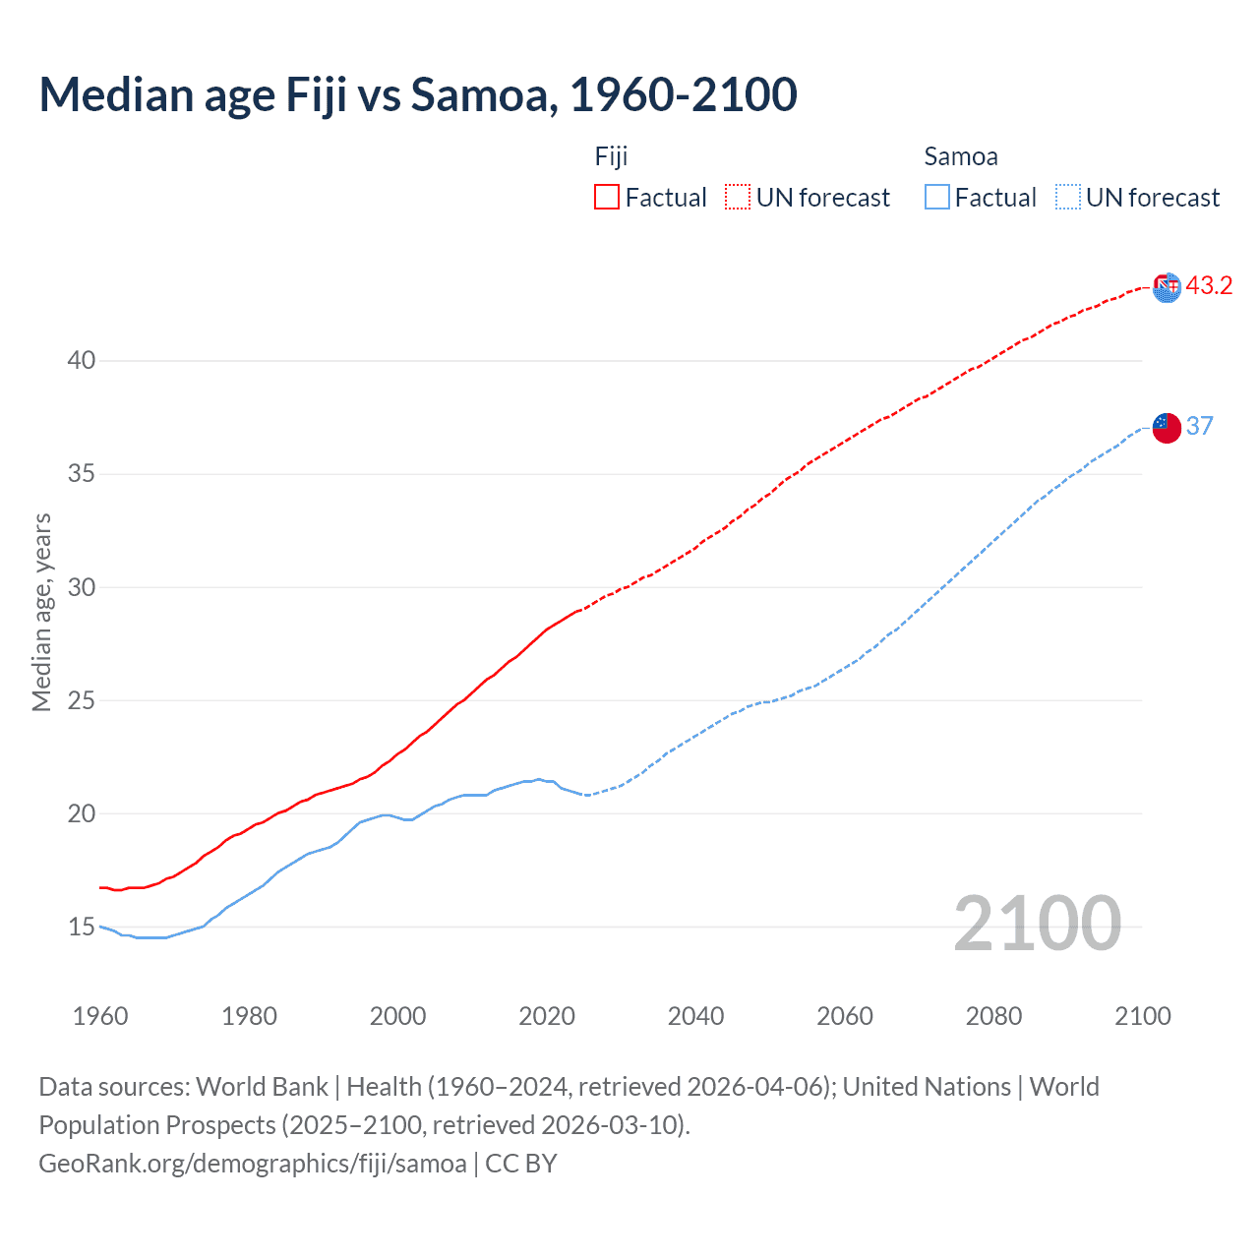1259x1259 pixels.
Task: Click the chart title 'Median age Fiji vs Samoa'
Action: tap(418, 94)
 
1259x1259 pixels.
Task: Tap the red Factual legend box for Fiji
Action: tap(607, 198)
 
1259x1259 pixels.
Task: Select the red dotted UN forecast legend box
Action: tap(738, 198)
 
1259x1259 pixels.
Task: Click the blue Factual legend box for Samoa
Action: tap(937, 198)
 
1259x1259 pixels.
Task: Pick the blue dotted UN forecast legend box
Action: tap(1068, 198)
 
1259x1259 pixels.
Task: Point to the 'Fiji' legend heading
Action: tap(611, 156)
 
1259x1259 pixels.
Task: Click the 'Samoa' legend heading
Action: tap(961, 156)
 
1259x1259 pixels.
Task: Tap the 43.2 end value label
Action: tap(1209, 286)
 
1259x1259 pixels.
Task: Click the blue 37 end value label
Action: tap(1199, 426)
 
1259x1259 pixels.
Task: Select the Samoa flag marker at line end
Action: tap(1167, 428)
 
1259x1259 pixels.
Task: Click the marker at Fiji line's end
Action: tap(1167, 287)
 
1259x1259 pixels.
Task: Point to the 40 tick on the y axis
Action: tap(82, 361)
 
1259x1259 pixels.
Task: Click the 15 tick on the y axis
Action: tap(82, 927)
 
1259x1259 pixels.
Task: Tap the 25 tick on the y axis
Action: tap(82, 700)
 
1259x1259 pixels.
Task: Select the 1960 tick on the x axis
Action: tap(100, 1016)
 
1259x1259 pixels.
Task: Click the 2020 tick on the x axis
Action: tap(547, 1016)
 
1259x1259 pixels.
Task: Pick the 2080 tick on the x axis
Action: tap(993, 1016)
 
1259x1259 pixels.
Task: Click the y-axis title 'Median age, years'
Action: tap(41, 612)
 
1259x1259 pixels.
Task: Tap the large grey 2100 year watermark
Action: tap(1037, 924)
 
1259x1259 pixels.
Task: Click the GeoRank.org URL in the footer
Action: tap(253, 1164)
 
